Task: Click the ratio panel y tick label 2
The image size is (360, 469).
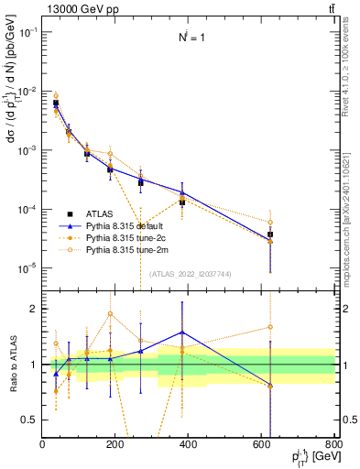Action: pyautogui.click(x=32, y=309)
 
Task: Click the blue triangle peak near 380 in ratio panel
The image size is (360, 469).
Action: pyautogui.click(x=182, y=332)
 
